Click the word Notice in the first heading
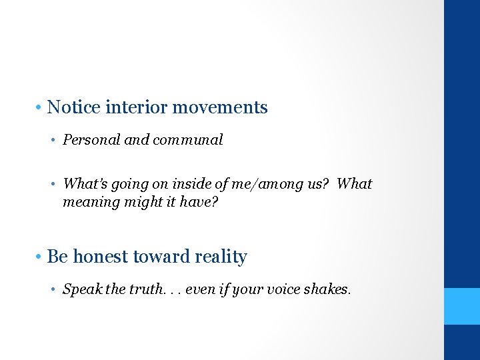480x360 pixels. click(x=74, y=107)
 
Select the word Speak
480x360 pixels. click(x=79, y=289)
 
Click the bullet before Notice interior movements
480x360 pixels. click(x=40, y=108)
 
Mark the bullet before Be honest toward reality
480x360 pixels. click(x=40, y=257)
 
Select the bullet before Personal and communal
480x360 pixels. click(x=55, y=141)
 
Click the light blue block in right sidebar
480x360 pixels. click(x=462, y=306)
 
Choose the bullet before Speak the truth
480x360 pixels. click(x=55, y=290)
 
